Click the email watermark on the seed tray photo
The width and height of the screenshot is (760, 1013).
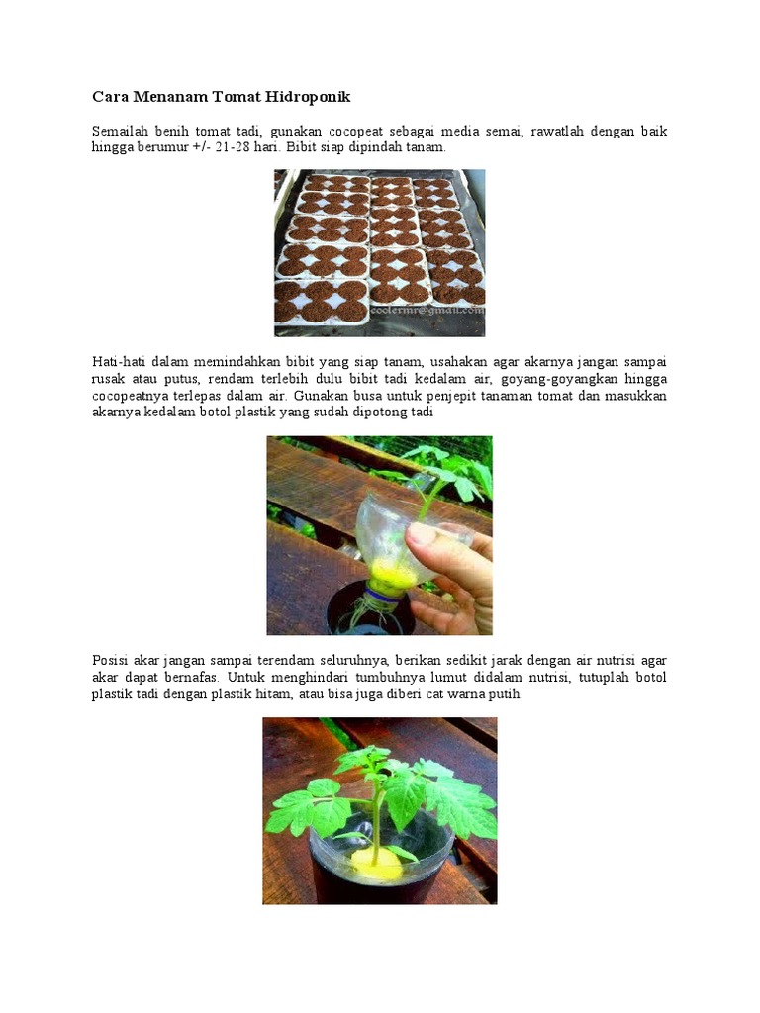[x=427, y=310]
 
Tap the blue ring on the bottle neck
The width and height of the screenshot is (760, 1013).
[x=381, y=592]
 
